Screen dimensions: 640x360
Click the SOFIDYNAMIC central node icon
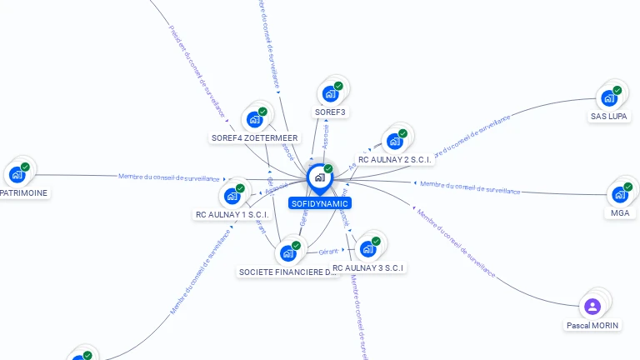point(319,177)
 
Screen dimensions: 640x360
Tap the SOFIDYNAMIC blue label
point(319,203)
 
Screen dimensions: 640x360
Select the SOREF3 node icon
point(330,93)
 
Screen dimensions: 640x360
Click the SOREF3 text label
point(330,112)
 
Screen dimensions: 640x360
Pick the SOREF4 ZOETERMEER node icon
point(254,119)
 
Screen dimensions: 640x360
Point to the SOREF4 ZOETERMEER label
point(254,137)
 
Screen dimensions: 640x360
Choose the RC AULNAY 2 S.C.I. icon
point(394,140)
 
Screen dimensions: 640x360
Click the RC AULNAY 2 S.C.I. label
point(394,159)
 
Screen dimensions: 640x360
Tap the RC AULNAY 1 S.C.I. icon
point(232,196)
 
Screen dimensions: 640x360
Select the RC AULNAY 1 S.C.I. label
point(232,214)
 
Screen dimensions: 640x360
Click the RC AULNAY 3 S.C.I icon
point(367,248)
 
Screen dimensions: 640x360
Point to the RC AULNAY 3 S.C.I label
point(367,267)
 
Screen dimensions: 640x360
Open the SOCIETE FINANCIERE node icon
point(288,252)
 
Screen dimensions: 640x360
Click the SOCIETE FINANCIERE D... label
point(288,272)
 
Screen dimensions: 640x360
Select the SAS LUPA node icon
point(609,97)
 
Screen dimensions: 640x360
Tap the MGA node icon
point(619,194)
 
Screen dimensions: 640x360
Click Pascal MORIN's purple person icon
point(592,306)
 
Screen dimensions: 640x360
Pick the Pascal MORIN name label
point(592,325)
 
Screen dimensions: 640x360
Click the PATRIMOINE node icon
point(17,175)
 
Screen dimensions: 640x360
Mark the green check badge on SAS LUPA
point(617,90)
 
